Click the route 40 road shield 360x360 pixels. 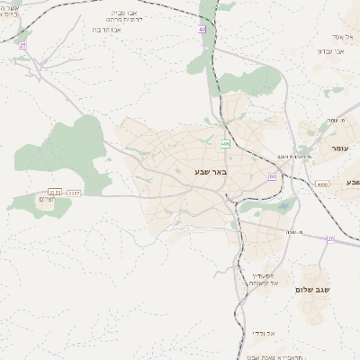click(202, 29)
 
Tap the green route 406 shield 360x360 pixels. click(224, 143)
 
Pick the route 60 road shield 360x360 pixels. click(271, 176)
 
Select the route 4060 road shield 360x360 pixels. click(323, 184)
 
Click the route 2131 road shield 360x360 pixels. click(55, 191)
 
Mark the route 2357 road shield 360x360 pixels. click(74, 191)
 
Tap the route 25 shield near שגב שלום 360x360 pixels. click(330, 238)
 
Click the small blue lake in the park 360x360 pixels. click(285, 206)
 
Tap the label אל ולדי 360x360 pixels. click(265, 333)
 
